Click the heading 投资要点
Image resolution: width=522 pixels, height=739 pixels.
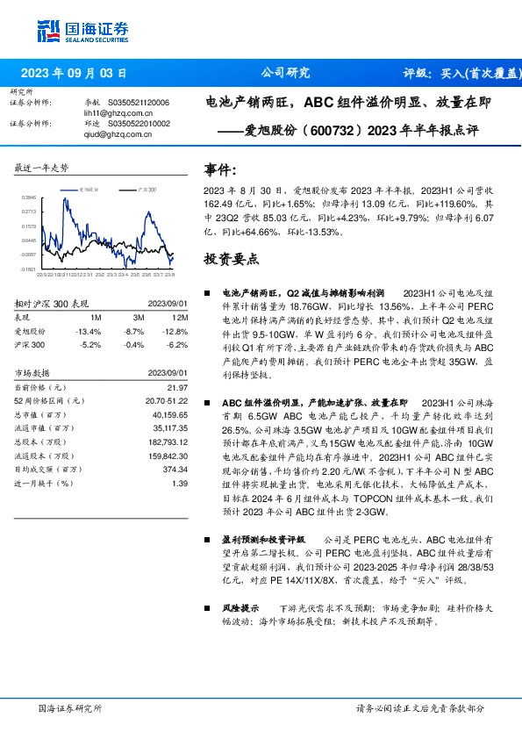[x=231, y=259]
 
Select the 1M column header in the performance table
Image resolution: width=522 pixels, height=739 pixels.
[x=96, y=317]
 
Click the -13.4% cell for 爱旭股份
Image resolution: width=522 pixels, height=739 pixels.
[x=89, y=331]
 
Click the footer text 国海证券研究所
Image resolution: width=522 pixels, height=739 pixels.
[x=71, y=707]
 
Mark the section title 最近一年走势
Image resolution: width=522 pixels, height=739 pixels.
[x=42, y=168]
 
